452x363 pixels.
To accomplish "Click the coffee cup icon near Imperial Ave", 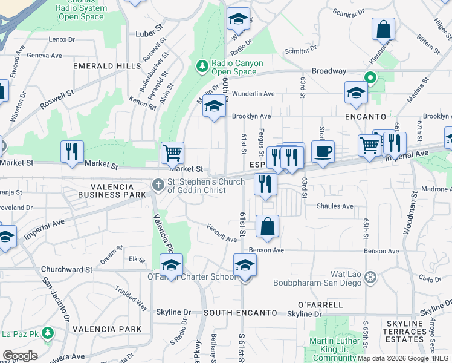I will click(x=323, y=152).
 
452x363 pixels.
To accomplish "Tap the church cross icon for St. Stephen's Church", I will click(x=158, y=185).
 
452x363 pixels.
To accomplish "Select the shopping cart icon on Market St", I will click(x=172, y=152).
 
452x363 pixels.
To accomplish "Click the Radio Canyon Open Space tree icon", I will click(x=202, y=65).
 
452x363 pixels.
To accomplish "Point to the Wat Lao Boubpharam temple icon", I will click(x=370, y=277).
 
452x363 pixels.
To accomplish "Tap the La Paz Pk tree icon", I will click(x=47, y=333).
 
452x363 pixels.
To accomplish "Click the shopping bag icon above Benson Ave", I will click(x=267, y=227).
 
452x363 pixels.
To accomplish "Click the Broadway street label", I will click(x=329, y=71).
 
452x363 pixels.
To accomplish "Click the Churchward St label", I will click(x=66, y=269).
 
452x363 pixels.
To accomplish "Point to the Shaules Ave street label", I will click(x=335, y=206).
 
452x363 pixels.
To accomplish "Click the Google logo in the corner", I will click(x=20, y=356).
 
